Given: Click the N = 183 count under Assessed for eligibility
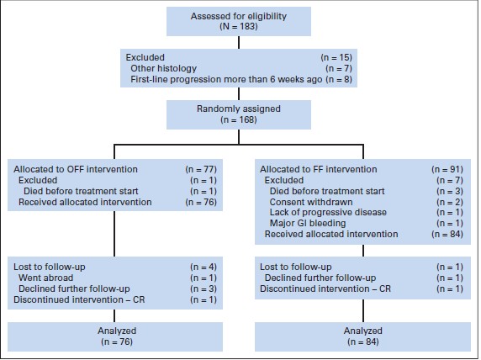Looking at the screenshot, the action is [239, 27].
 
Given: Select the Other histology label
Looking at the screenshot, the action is [163, 68].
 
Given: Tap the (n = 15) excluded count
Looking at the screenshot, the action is [336, 57].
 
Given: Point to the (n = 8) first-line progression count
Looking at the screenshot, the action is [339, 79].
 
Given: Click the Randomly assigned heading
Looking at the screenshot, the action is [239, 109].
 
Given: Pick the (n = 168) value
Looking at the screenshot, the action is [239, 119].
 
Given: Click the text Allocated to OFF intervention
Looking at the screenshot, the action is [76, 169].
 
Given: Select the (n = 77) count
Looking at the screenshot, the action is [201, 169].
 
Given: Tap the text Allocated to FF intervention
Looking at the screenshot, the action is [319, 169].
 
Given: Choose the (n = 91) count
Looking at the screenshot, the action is [447, 169].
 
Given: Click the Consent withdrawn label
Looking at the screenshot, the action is [311, 202].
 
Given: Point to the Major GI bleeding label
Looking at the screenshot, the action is [308, 223].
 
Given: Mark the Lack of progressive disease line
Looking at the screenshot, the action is [328, 212].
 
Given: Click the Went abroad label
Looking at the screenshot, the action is [45, 278].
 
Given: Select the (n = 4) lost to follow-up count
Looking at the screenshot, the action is [203, 267].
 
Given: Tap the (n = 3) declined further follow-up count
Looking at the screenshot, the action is [203, 289].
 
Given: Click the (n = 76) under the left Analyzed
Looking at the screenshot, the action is [117, 341].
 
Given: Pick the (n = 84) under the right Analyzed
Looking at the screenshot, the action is [363, 341].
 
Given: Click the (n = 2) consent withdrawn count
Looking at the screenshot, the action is [450, 202].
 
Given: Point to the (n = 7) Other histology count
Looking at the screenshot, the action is [339, 68].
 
